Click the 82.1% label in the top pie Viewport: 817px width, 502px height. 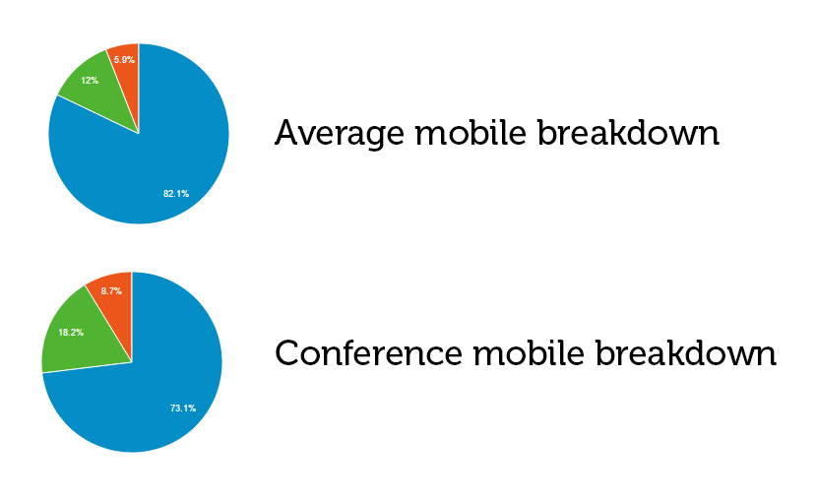[176, 193]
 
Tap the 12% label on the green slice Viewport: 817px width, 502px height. [90, 81]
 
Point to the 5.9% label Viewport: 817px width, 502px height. [125, 60]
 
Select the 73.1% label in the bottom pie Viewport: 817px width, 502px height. [183, 408]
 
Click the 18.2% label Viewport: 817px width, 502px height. [71, 332]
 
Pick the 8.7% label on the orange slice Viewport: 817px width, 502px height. [111, 291]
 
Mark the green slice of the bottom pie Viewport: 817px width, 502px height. [78, 339]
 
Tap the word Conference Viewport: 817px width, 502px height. [368, 353]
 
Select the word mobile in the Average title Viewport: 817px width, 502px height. [471, 133]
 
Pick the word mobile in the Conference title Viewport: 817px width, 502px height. [529, 353]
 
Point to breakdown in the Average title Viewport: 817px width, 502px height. [628, 133]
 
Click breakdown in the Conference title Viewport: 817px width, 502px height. [686, 353]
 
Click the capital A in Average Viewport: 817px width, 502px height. [288, 133]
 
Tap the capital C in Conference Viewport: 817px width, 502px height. [287, 353]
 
